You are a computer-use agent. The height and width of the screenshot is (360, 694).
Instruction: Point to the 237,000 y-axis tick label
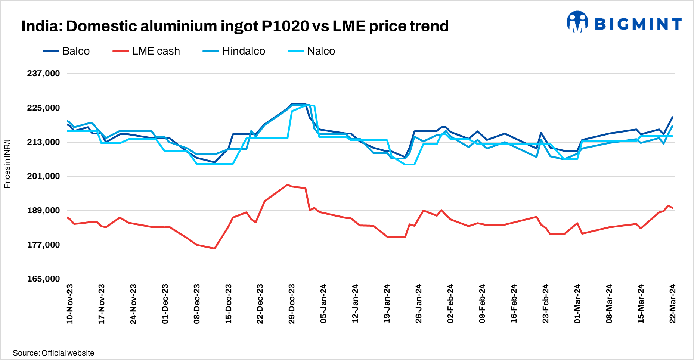43,74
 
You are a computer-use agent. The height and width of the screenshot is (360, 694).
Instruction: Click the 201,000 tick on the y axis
43,176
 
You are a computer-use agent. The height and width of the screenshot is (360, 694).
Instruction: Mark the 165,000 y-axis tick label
43,279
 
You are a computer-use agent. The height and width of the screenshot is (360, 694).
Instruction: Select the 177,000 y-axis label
43,245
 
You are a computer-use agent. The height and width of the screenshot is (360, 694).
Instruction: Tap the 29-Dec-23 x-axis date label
292,304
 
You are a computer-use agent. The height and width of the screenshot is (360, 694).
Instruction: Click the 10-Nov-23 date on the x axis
70,304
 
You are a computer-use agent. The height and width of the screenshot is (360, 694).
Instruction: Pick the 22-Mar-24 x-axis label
673,304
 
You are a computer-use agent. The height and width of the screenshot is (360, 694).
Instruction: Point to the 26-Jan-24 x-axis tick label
419,304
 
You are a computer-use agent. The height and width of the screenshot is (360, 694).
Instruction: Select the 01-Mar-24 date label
577,304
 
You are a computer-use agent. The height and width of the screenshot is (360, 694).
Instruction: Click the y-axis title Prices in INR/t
7,164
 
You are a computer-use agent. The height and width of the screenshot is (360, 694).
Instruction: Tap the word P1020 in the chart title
285,26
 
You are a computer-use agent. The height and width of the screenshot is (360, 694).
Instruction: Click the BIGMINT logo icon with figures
577,22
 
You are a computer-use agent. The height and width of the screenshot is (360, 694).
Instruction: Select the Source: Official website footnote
53,353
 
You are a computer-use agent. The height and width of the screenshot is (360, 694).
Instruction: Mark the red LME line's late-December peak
287,184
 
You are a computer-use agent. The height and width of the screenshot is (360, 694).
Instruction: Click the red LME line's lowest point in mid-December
215,248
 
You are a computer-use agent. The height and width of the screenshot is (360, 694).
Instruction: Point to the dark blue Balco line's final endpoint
673,117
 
